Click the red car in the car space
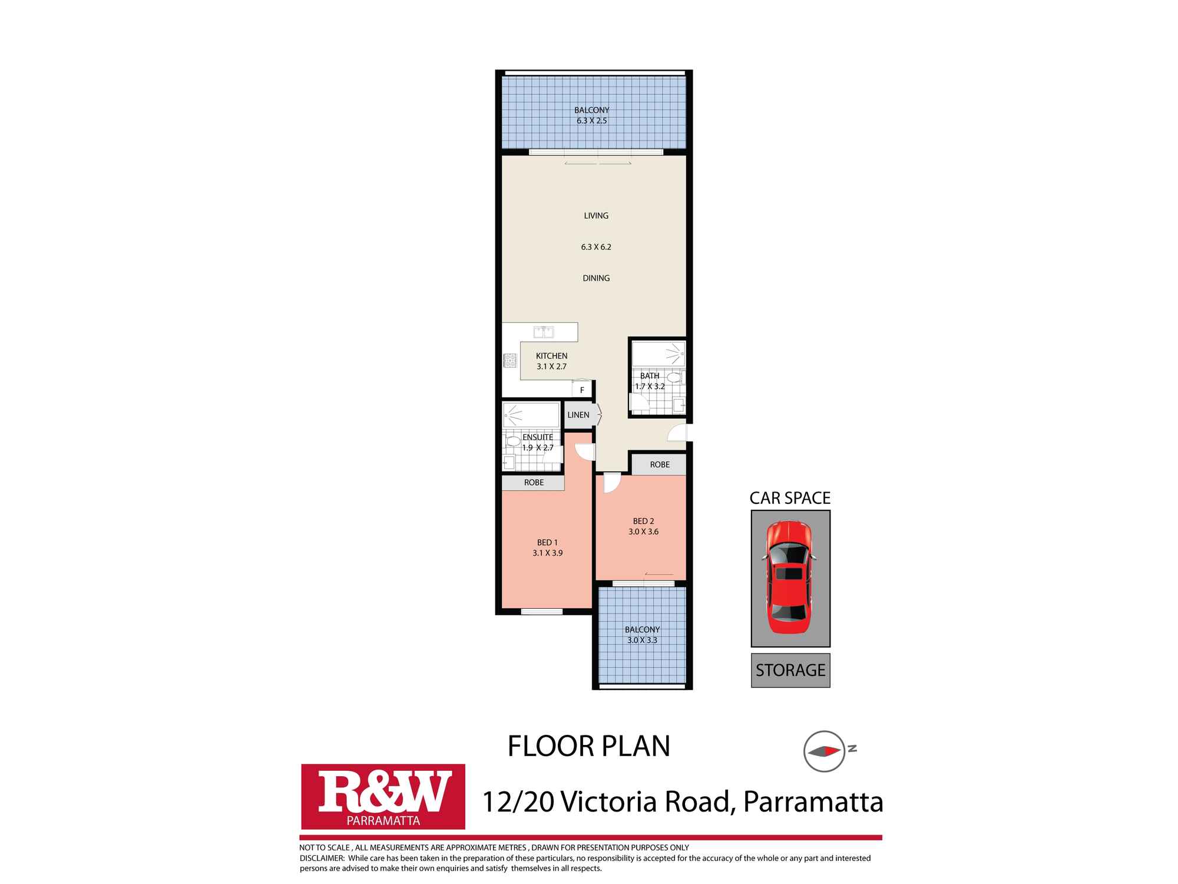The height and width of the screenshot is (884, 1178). (x=789, y=578)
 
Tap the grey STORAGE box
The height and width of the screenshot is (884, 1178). (x=790, y=670)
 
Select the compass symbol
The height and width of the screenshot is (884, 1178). (x=824, y=751)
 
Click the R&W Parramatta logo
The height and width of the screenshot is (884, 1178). (x=383, y=796)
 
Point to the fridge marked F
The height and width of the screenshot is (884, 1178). (x=582, y=390)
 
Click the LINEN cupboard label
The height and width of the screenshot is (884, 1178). (x=578, y=415)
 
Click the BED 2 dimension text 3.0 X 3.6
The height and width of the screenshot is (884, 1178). (x=643, y=532)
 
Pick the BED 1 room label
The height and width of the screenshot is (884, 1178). (x=547, y=542)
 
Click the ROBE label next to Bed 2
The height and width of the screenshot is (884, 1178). (x=660, y=464)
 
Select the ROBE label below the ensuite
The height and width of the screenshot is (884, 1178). (x=534, y=482)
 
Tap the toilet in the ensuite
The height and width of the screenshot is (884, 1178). (x=512, y=441)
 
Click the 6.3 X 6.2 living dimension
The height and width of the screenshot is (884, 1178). (x=596, y=247)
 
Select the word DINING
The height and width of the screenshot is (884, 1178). (x=596, y=278)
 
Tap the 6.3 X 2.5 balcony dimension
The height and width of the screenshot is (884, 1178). (x=591, y=121)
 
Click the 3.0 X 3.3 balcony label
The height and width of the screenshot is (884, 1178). (x=642, y=640)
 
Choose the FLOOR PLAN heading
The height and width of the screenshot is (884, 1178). (x=589, y=746)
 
